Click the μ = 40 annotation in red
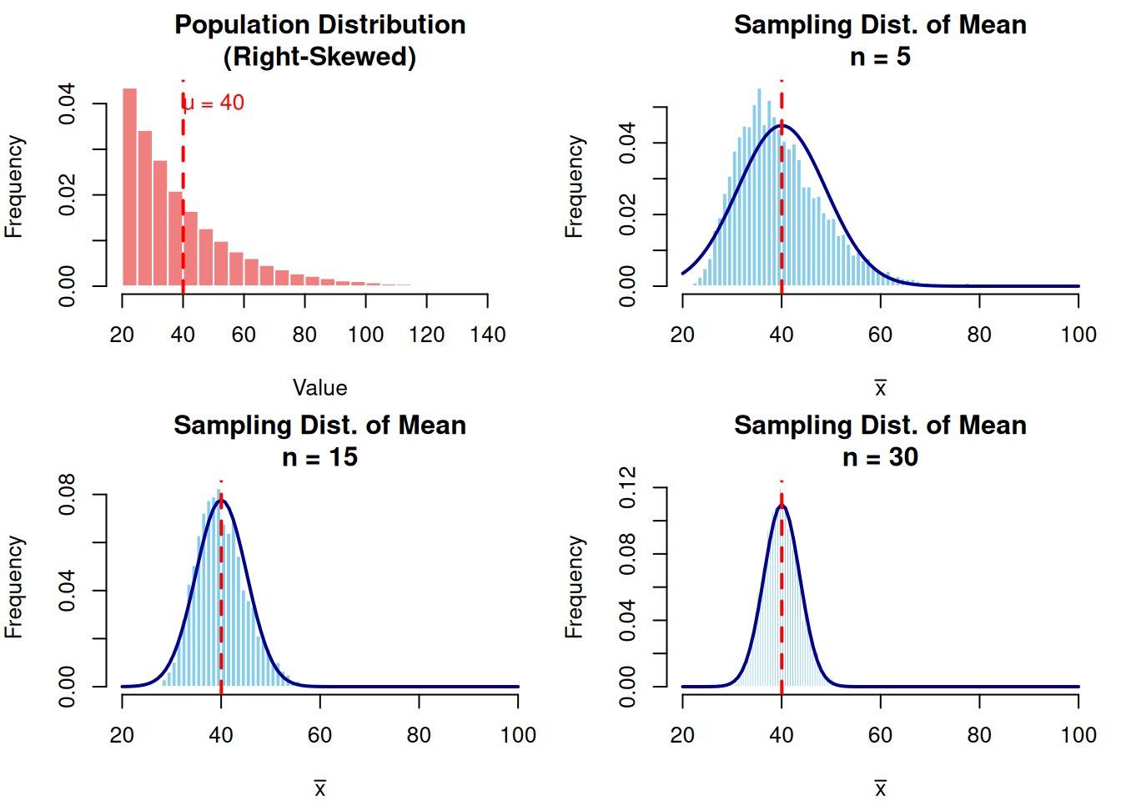coord(214,103)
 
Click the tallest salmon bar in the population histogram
coord(129,187)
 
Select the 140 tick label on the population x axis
coord(488,335)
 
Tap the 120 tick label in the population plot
coord(427,335)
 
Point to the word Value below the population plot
coord(319,388)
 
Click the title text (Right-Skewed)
coord(319,57)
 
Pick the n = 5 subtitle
coord(880,57)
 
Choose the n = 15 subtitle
coord(319,457)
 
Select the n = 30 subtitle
coord(880,457)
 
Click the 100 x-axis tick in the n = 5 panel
coord(1078,335)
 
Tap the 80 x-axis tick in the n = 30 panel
coord(979,735)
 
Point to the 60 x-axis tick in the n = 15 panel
coord(319,735)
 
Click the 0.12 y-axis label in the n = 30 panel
coord(627,488)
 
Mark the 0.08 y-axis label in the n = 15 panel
coord(67,494)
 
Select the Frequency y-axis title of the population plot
coord(13,187)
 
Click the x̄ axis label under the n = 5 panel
coord(880,388)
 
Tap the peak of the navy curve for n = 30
coord(782,506)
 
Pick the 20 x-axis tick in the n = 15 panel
coord(122,735)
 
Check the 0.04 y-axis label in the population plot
coord(67,103)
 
